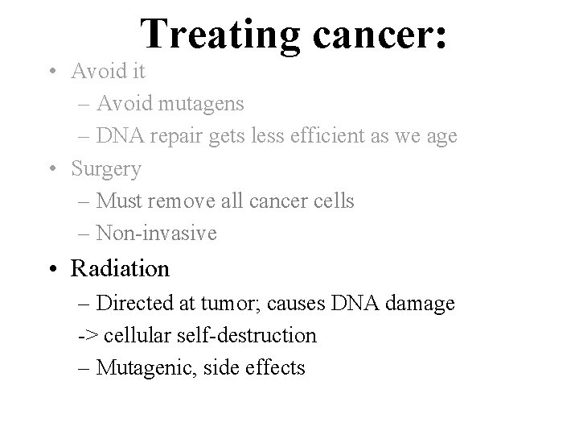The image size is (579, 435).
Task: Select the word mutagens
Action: (x=205, y=104)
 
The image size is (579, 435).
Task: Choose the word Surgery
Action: (x=106, y=170)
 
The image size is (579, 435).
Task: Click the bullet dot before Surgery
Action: (x=52, y=170)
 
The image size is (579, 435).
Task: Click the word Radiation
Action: (x=121, y=267)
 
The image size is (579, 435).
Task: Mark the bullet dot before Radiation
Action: (x=52, y=268)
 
